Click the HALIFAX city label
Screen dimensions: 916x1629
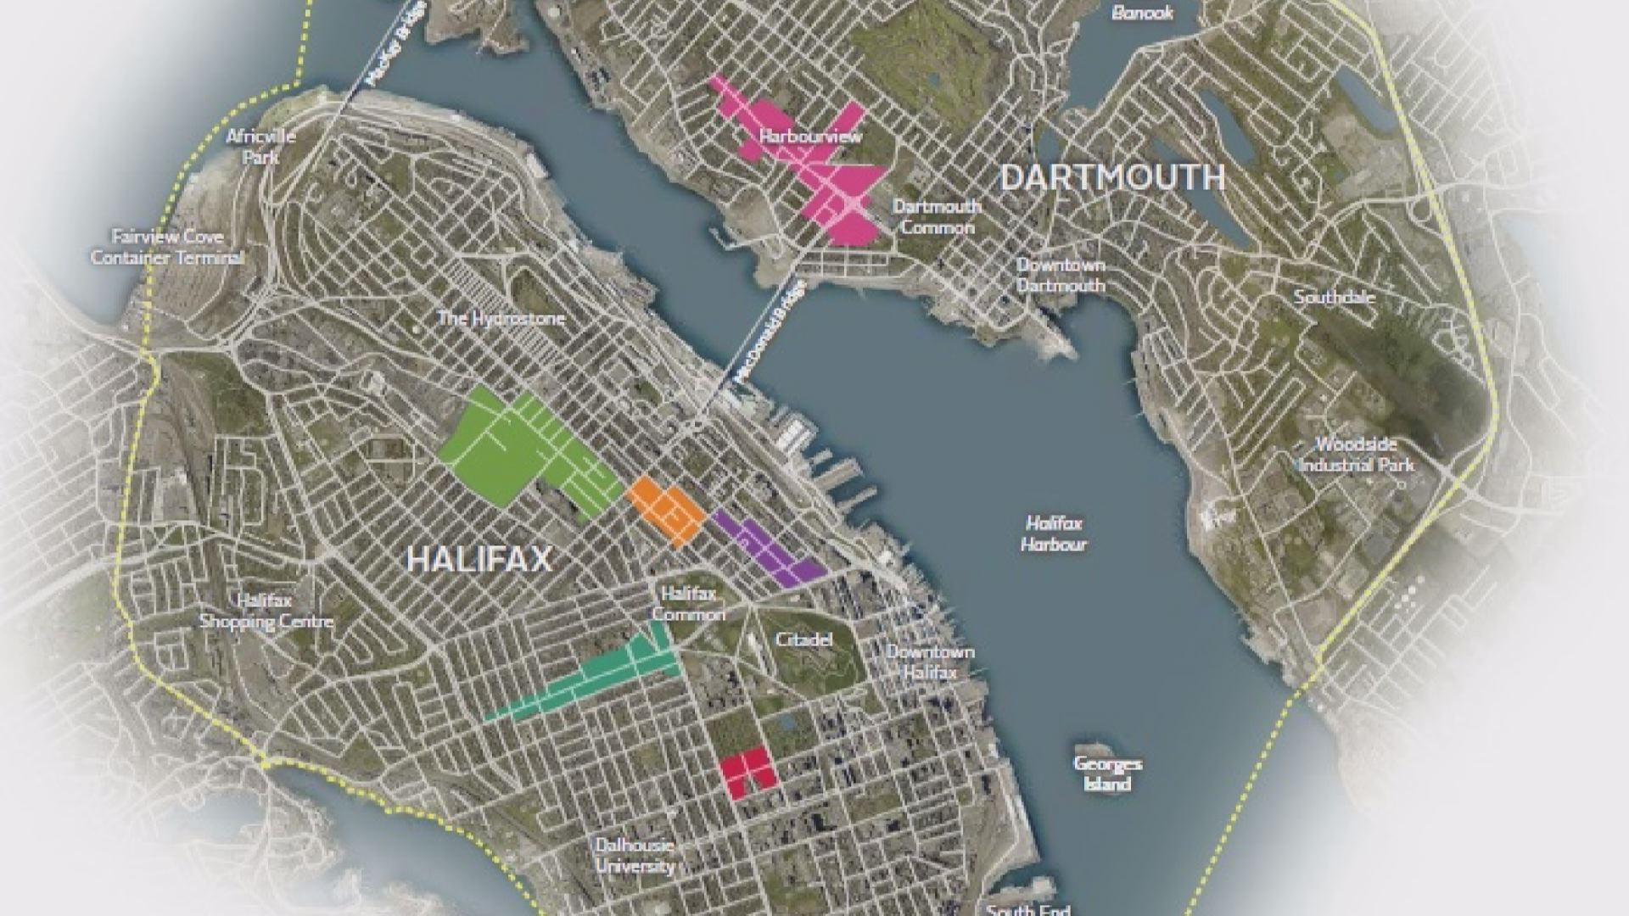coord(479,559)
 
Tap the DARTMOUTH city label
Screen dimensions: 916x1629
coord(1111,177)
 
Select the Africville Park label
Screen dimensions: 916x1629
coord(261,146)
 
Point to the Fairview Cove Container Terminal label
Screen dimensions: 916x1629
coord(167,247)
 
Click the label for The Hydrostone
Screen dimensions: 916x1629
coord(501,319)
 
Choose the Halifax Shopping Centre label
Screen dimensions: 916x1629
coord(266,611)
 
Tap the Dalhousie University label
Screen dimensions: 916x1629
coord(635,855)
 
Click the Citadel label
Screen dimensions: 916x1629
coord(803,640)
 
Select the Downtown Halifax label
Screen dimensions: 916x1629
coord(929,662)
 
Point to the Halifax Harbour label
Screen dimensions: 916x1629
coord(1054,533)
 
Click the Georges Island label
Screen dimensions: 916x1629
coord(1107,773)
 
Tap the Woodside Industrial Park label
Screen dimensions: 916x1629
coord(1356,455)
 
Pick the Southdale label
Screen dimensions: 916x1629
coord(1334,298)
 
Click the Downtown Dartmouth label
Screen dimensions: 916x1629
coord(1061,275)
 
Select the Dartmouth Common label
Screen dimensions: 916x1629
coord(937,216)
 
